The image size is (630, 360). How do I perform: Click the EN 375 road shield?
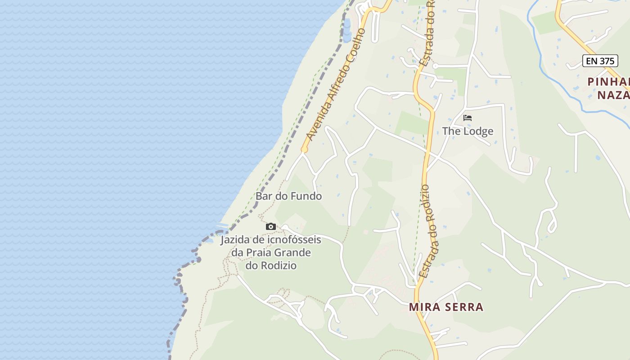tap(600, 61)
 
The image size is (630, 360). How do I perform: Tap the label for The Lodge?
tap(468, 131)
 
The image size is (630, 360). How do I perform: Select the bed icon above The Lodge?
tap(468, 118)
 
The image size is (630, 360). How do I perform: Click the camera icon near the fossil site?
tap(270, 226)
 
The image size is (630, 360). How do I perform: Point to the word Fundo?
tap(306, 196)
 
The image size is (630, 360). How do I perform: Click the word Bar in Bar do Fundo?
tap(264, 196)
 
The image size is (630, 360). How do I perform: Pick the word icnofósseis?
tap(294, 239)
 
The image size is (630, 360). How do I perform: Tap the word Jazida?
tap(235, 239)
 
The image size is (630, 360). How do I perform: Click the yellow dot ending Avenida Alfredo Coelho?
tap(304, 149)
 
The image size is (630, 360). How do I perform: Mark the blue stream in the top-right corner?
tap(553, 81)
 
